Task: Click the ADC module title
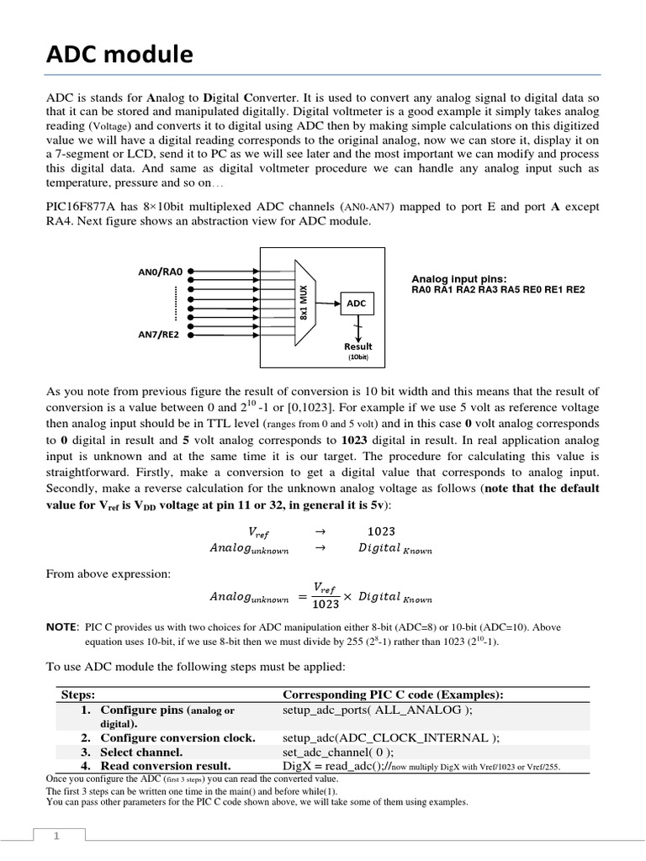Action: tap(119, 56)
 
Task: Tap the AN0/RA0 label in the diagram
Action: tap(160, 272)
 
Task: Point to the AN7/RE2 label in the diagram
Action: tap(160, 334)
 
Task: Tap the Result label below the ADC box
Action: tap(357, 346)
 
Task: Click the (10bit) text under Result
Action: tap(358, 357)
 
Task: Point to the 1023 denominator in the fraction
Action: tap(326, 604)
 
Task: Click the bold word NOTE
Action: tap(61, 627)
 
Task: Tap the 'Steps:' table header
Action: tap(77, 695)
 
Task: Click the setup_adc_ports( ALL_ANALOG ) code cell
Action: tap(378, 710)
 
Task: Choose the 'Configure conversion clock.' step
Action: tap(177, 737)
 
